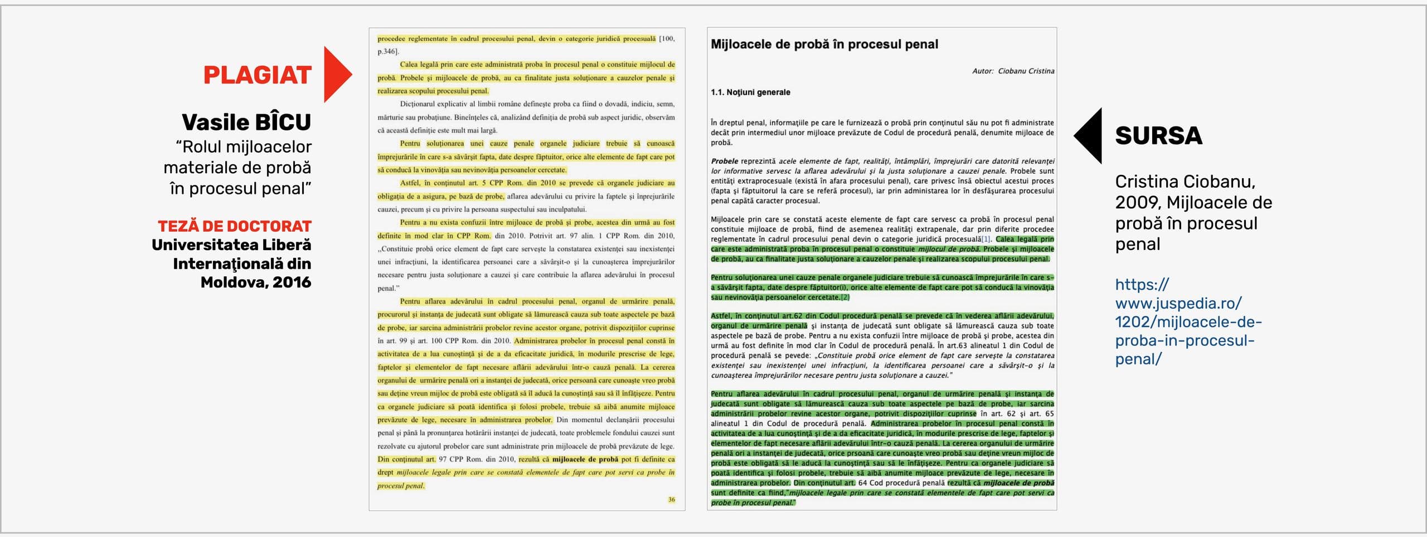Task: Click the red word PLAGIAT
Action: [x=257, y=75]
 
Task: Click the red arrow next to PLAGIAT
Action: [x=336, y=75]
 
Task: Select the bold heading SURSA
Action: [x=1158, y=136]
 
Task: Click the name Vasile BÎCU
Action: [x=246, y=122]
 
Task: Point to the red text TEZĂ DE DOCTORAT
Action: [x=234, y=226]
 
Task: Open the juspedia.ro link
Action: [x=1187, y=321]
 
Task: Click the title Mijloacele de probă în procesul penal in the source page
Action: [x=824, y=44]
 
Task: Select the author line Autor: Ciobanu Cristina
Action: [x=1013, y=71]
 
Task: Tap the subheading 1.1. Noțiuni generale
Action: [x=750, y=92]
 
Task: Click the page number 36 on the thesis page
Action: [x=671, y=500]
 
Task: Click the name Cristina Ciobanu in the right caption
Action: [x=1185, y=182]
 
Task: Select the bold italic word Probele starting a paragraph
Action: [x=724, y=161]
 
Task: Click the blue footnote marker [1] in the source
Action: [x=986, y=240]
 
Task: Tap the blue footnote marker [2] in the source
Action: [x=845, y=297]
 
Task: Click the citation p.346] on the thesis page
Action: [x=388, y=51]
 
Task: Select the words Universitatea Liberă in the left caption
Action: [x=231, y=245]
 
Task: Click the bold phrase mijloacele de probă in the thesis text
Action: [x=585, y=460]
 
